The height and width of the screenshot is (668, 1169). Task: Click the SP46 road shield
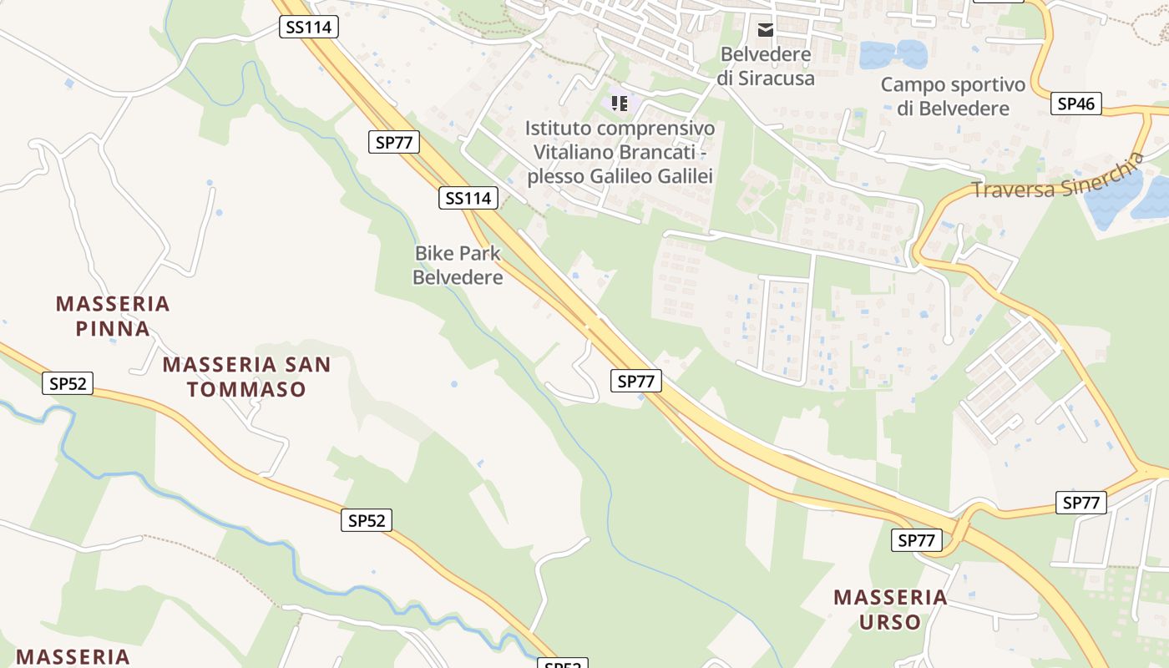pos(1076,104)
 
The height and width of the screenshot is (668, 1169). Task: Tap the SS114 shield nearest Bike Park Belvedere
pos(468,198)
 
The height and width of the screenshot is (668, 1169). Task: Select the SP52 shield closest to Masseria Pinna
pos(68,383)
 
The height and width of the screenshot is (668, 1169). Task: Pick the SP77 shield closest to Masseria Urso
pos(916,540)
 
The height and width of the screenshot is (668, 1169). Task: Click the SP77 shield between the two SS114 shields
pos(394,142)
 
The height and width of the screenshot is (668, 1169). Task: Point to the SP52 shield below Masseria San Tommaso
pos(367,520)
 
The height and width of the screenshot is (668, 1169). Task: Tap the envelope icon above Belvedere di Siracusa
pos(766,30)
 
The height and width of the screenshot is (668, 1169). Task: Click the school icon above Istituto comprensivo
pos(620,104)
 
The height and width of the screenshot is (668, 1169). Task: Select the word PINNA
pos(113,329)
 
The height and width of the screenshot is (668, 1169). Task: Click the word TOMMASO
pos(246,389)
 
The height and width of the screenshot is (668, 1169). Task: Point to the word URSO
pos(889,622)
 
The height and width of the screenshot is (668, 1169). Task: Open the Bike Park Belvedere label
pos(458,265)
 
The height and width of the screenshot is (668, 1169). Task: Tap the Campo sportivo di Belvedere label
pos(953,96)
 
